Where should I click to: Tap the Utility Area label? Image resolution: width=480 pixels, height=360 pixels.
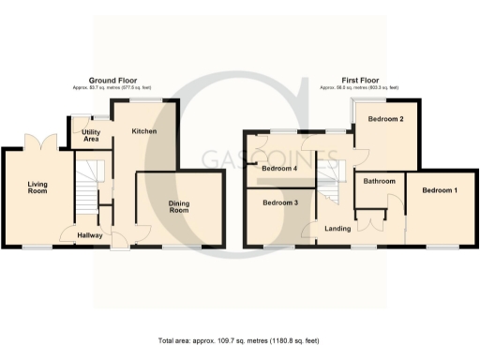pos(91,137)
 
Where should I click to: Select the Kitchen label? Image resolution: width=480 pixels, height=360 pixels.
pos(143,130)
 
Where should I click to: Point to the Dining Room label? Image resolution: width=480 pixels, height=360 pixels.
pos(179,206)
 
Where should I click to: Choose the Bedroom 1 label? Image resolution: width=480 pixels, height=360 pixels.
pos(440,190)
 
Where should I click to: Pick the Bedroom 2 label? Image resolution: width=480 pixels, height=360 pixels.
pos(385,120)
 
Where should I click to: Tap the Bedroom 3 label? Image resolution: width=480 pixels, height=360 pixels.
pos(280,202)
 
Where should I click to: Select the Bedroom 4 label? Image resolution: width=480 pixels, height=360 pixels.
pos(280,169)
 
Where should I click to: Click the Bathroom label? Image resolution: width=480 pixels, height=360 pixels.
pos(380,181)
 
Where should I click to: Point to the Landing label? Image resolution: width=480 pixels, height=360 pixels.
pos(337,228)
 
